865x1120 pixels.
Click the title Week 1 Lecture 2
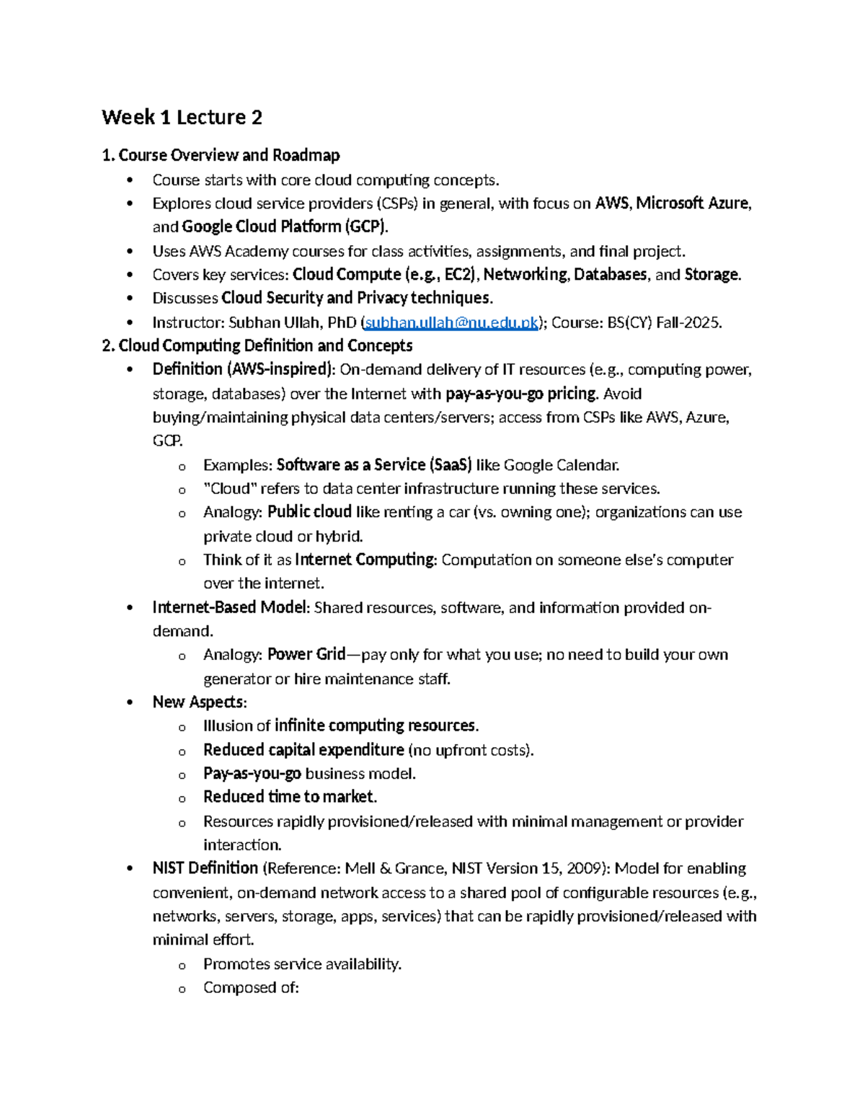(182, 118)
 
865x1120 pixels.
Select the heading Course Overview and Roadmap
(229, 156)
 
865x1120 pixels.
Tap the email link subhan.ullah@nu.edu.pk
(452, 323)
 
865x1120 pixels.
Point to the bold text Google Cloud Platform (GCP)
(285, 227)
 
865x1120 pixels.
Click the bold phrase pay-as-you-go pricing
(521, 394)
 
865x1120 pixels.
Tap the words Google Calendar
(561, 465)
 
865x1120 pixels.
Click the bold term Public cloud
(309, 512)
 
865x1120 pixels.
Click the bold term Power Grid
(306, 655)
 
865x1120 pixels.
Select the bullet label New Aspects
(198, 702)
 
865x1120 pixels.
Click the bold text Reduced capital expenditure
(303, 750)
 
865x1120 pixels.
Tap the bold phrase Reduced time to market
(290, 797)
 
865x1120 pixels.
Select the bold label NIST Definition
(205, 868)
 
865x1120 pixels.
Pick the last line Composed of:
(251, 988)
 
